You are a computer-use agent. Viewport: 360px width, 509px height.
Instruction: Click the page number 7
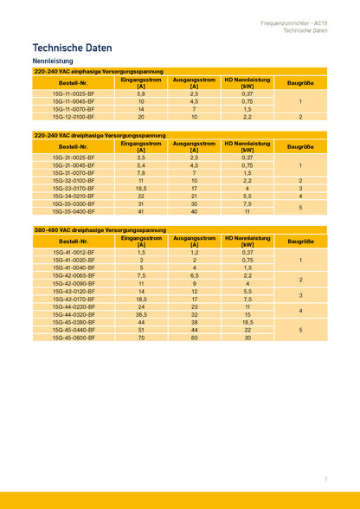[326, 479]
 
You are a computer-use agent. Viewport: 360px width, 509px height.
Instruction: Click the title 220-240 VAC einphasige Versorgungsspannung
[99, 71]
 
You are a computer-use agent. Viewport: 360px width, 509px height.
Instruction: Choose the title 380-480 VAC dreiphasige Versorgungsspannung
[100, 230]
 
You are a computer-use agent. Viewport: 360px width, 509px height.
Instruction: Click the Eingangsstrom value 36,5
[141, 314]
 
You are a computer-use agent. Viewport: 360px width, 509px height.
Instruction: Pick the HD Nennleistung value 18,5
[247, 322]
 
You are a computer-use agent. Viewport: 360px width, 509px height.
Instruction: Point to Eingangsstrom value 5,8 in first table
[141, 93]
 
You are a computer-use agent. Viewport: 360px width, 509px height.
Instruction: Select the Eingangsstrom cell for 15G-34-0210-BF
[141, 196]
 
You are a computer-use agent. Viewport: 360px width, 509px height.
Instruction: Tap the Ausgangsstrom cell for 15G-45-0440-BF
[195, 330]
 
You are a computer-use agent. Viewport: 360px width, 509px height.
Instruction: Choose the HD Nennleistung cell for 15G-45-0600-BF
[247, 338]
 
